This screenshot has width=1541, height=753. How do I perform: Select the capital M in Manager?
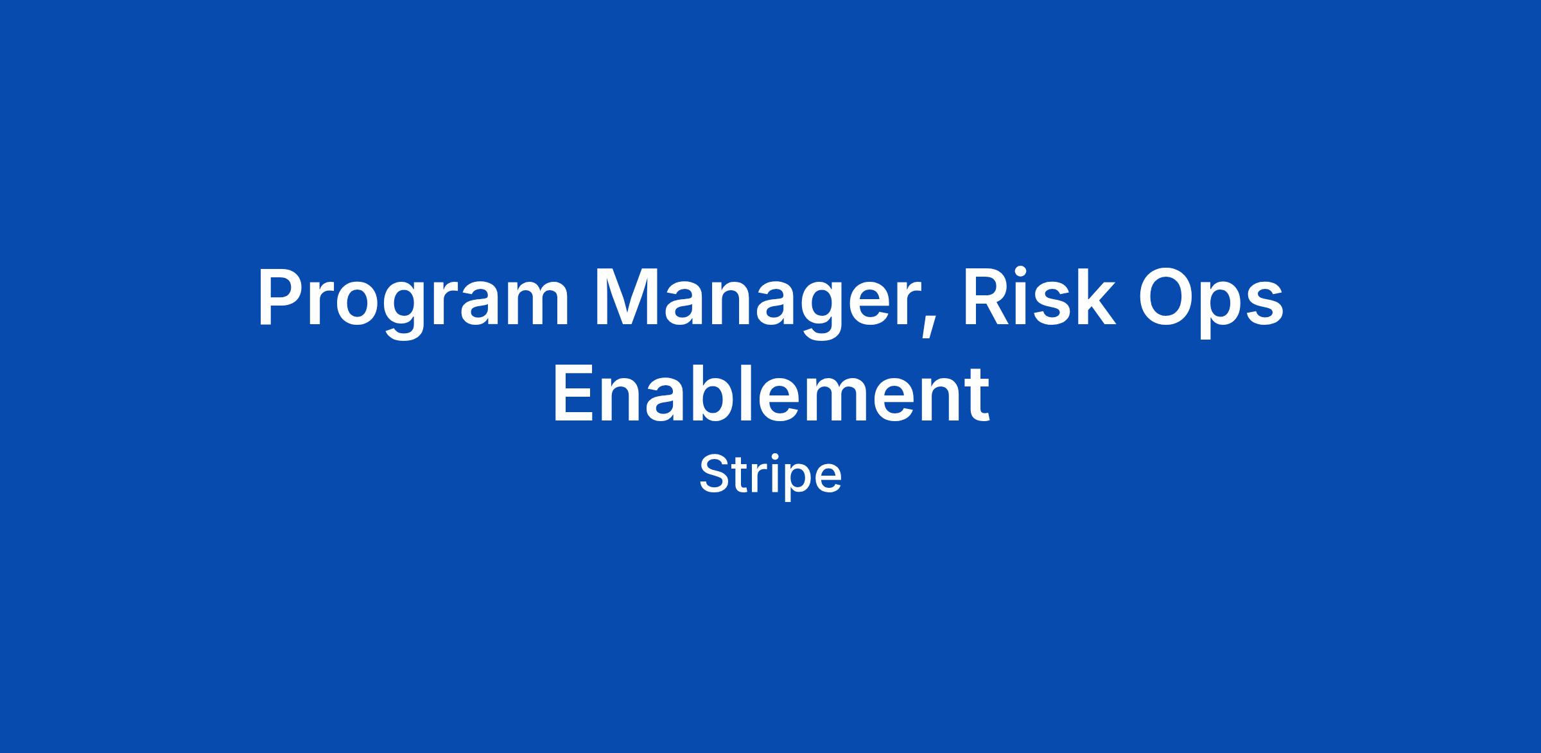pyautogui.click(x=629, y=297)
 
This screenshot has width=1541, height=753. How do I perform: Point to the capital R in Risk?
pyautogui.click(x=986, y=297)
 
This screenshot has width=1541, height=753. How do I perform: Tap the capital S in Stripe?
pyautogui.click(x=715, y=474)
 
